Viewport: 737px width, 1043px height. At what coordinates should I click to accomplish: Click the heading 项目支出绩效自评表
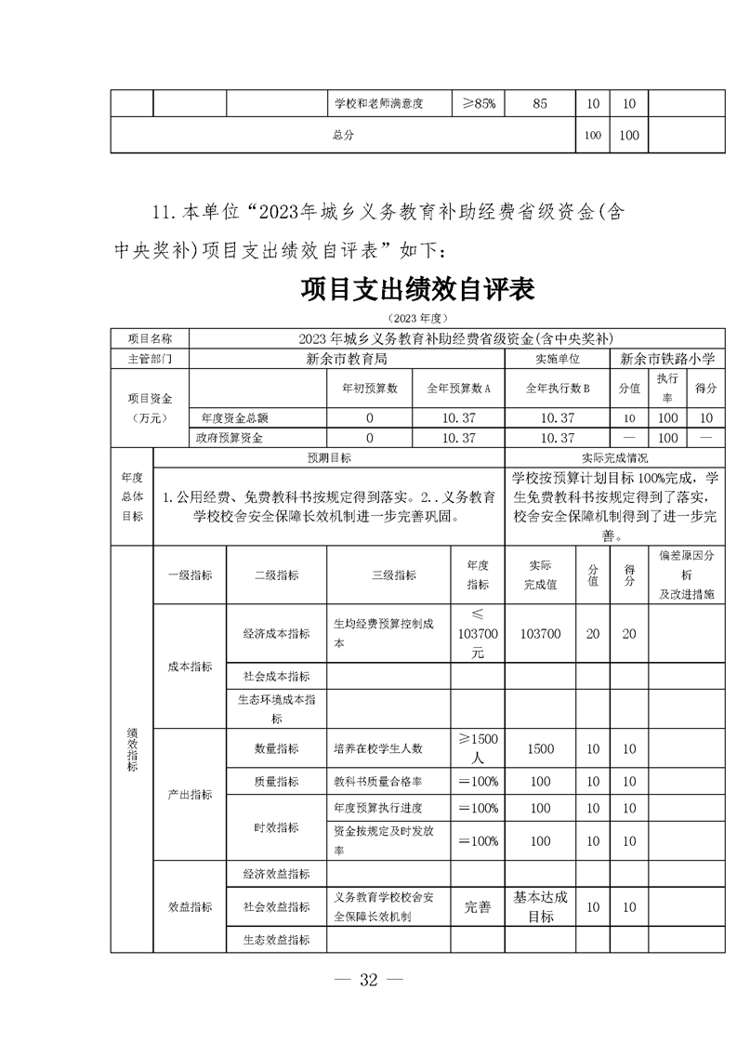[x=416, y=289]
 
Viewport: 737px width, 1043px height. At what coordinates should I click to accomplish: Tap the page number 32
[x=369, y=982]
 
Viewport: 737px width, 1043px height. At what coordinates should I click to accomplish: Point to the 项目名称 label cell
[x=149, y=338]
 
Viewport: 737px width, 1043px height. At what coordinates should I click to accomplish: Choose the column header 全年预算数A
[x=458, y=388]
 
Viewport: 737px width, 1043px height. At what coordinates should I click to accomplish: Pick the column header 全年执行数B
[x=557, y=388]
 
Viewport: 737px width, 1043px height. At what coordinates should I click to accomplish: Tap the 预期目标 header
[x=329, y=458]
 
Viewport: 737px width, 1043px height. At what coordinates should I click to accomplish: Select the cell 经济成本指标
[x=276, y=633]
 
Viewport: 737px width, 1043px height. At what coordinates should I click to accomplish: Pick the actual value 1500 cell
[x=540, y=748]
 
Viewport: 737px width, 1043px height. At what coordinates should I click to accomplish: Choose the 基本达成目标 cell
[x=540, y=907]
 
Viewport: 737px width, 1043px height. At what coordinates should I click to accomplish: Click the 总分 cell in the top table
[x=343, y=135]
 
